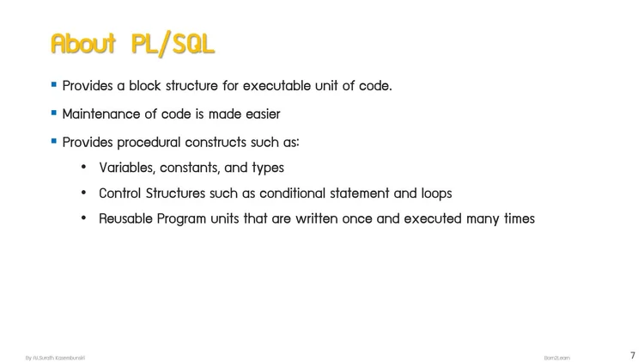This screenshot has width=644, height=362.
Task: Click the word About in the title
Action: click(x=85, y=44)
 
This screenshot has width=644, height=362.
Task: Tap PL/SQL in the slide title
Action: click(x=173, y=44)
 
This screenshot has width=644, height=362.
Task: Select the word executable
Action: click(x=282, y=86)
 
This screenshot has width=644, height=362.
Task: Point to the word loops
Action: click(x=434, y=193)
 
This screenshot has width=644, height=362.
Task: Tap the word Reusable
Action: click(x=125, y=218)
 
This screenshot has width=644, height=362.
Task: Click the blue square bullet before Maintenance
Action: click(x=54, y=113)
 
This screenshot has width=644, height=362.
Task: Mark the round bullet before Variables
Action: click(x=84, y=168)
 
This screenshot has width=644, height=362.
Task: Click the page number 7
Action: click(x=633, y=355)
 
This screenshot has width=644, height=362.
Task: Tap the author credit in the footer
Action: click(x=54, y=357)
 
